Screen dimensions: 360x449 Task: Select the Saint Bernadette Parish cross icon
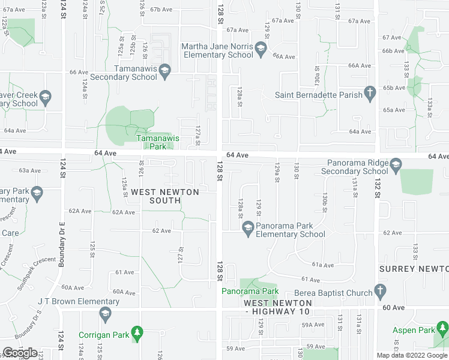tap(370, 94)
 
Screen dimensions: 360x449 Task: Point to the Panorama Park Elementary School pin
tap(247, 227)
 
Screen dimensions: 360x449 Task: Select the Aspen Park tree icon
tap(442, 329)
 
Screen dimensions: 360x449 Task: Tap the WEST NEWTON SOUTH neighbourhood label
tap(157, 196)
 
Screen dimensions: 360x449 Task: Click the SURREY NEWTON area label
tap(414, 269)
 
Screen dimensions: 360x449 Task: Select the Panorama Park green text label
tap(250, 292)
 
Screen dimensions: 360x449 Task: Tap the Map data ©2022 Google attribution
tap(412, 355)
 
